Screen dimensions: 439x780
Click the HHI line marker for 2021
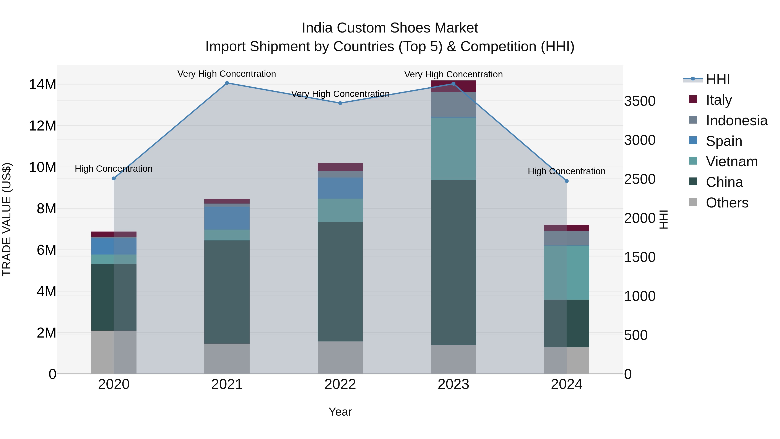(227, 83)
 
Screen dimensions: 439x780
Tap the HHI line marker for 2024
(567, 181)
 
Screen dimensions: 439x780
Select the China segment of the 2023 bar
(453, 262)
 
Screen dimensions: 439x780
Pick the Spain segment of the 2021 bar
(227, 218)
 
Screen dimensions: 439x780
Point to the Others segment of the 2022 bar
(340, 357)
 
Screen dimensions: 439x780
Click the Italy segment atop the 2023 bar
(453, 86)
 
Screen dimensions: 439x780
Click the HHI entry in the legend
(718, 79)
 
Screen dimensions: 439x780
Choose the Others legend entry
(726, 203)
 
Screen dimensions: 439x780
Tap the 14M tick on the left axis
(42, 85)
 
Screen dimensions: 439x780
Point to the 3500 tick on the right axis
(640, 101)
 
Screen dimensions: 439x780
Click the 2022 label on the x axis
(340, 384)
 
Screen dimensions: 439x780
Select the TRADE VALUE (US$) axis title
(7, 219)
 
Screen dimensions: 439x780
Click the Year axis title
(340, 412)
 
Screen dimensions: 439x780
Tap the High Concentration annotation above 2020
(114, 169)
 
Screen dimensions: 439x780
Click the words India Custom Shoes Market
(390, 28)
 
